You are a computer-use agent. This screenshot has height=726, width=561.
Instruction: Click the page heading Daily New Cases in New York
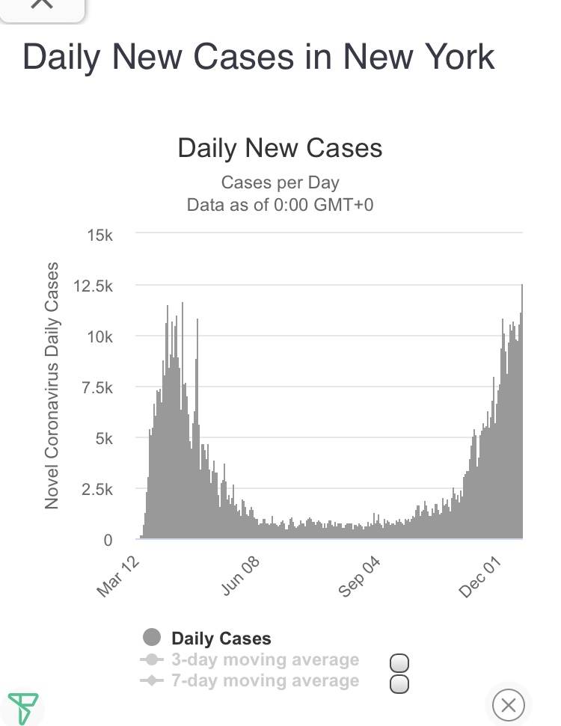pos(259,58)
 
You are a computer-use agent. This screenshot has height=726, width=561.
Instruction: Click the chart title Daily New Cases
pos(280,147)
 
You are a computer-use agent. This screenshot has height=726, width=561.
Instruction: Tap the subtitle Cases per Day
pos(280,182)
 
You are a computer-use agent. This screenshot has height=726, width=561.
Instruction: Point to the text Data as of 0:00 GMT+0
pos(280,204)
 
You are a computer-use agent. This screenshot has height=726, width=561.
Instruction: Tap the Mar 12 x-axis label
pos(118,576)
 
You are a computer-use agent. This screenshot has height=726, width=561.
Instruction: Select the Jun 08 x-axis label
pos(241,576)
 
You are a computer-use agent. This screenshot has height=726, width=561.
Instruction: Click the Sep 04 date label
pos(360,576)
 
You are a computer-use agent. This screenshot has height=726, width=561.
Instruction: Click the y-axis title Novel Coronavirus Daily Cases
pos(52,386)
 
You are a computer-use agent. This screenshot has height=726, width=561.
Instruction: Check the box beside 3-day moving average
pos(400,663)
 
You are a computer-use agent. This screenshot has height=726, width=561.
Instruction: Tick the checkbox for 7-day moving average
pos(400,683)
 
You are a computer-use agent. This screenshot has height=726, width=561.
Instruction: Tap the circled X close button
pos(509,704)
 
